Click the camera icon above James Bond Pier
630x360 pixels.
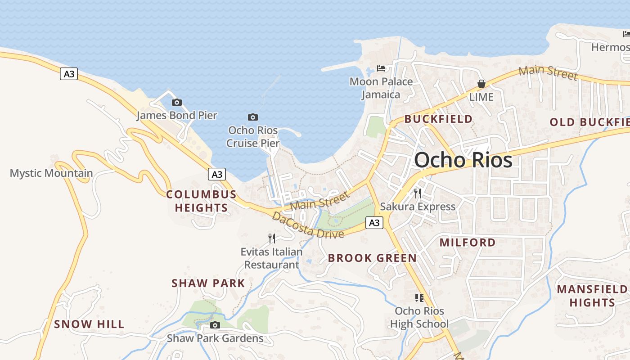[x=177, y=102]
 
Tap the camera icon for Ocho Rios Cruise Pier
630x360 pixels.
[x=253, y=117]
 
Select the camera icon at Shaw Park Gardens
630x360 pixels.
[x=215, y=325]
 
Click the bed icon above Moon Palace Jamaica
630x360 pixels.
[x=381, y=68]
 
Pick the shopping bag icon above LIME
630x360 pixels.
[x=481, y=84]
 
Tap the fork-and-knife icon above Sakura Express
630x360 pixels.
[x=418, y=193]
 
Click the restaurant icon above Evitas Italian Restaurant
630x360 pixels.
[x=271, y=238]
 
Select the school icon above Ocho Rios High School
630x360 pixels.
[x=419, y=297]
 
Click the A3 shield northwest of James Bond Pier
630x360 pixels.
[x=69, y=74]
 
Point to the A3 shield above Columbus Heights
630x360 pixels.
[x=217, y=174]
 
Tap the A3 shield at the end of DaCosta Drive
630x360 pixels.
[x=374, y=222]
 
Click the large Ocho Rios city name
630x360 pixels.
[x=463, y=160]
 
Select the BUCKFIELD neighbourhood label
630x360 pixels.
[x=438, y=119]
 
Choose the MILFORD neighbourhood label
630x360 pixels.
[x=468, y=243]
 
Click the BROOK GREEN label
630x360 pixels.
[x=372, y=258]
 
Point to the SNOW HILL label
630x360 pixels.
[x=89, y=324]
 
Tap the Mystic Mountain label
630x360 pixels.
[x=51, y=173]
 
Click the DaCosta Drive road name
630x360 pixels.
[x=308, y=225]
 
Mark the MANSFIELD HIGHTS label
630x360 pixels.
[x=592, y=296]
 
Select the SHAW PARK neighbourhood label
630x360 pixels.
[x=208, y=283]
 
